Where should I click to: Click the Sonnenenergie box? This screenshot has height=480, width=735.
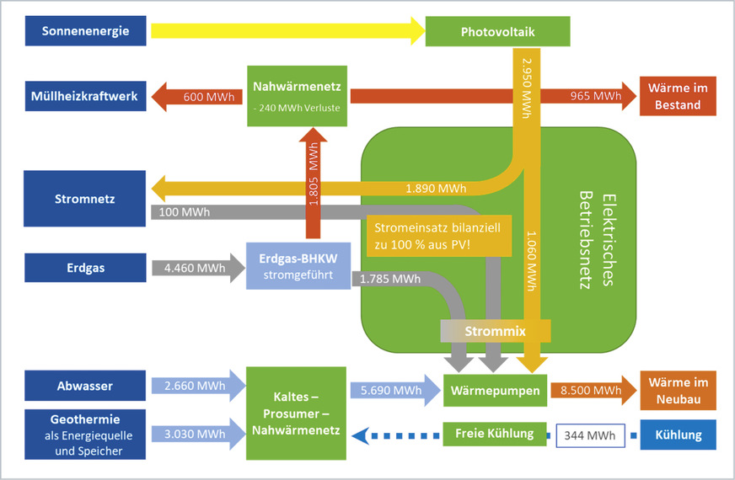tap(77, 31)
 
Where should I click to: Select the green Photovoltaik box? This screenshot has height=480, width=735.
tap(497, 32)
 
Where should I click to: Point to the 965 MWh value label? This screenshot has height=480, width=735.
tap(595, 96)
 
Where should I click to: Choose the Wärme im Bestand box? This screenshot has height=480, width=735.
tap(677, 96)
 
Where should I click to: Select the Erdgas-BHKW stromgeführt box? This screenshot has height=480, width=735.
tap(297, 265)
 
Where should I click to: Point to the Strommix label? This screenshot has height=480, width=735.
tap(496, 331)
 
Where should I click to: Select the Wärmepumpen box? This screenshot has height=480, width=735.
tap(496, 390)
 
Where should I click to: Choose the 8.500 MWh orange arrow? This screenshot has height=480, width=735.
tap(591, 390)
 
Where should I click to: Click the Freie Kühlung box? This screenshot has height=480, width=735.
tap(494, 434)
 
